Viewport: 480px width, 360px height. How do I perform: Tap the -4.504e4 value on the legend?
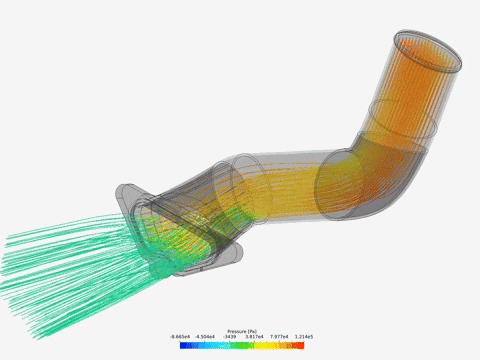[209, 337]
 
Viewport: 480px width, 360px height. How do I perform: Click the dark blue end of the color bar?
[184, 345]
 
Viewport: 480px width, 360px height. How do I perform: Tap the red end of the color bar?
[298, 345]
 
